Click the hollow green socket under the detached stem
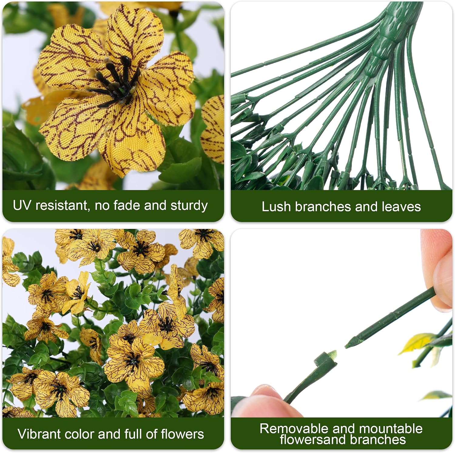pyautogui.click(x=325, y=358)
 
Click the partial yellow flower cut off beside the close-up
pyautogui.click(x=213, y=129)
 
